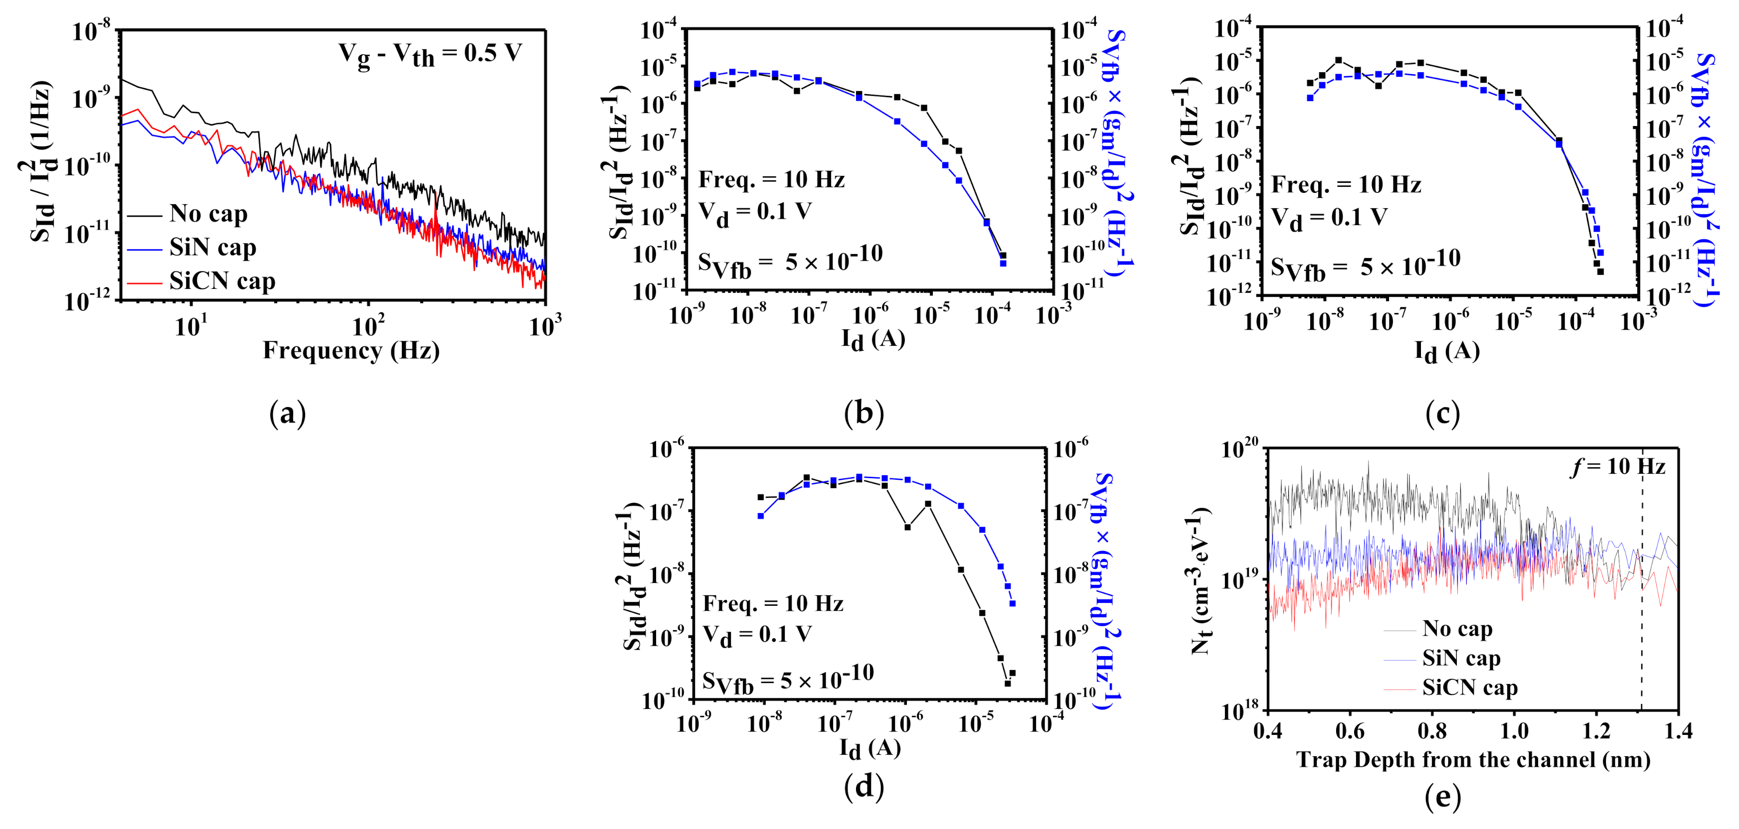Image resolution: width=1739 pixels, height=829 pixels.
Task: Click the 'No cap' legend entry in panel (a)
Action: [208, 214]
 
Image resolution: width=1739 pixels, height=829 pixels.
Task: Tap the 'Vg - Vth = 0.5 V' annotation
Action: [430, 54]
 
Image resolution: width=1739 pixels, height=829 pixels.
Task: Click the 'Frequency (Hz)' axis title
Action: [351, 351]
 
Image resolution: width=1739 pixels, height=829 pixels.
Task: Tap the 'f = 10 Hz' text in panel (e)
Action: [1617, 467]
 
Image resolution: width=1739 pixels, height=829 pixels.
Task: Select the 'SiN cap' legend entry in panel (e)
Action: [1461, 658]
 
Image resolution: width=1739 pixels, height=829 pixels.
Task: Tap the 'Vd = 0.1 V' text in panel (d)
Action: [757, 635]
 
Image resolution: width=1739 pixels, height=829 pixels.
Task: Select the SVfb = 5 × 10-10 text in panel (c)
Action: [1365, 267]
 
